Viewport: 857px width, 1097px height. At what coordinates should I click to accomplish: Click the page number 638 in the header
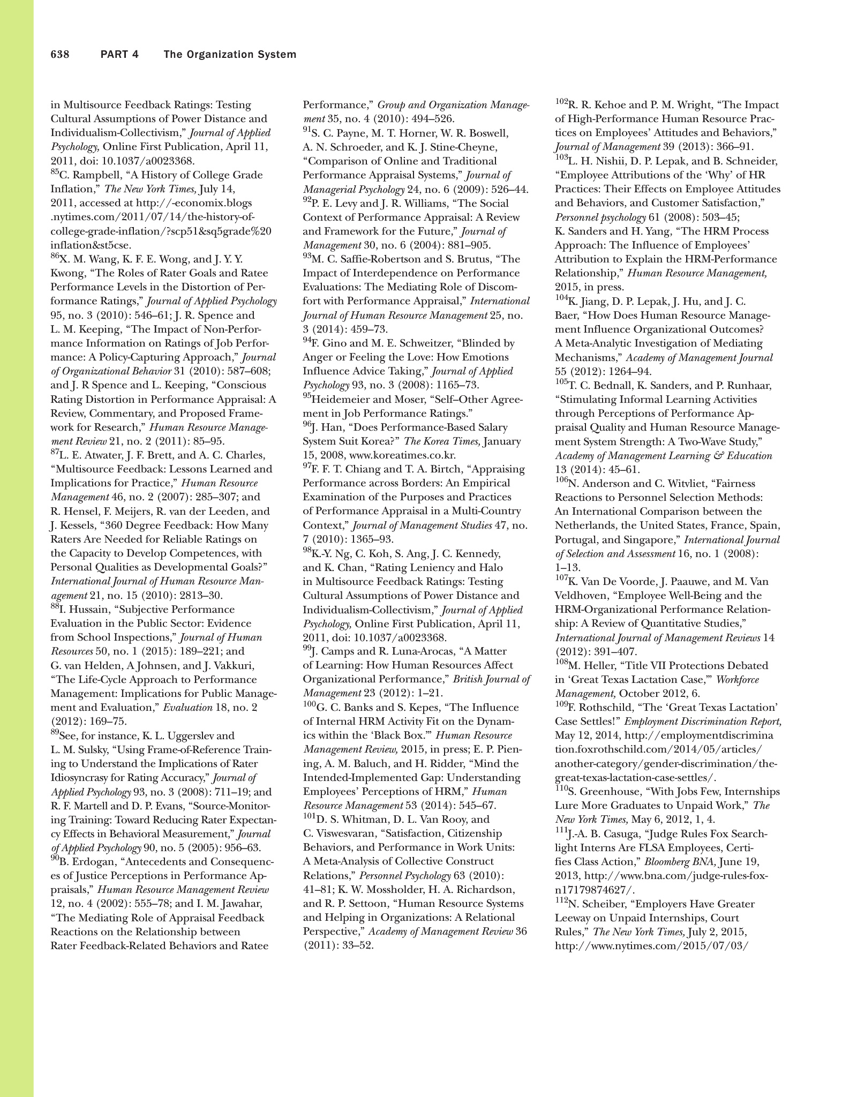tap(60, 55)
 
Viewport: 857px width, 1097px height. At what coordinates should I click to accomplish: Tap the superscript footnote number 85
tap(55, 172)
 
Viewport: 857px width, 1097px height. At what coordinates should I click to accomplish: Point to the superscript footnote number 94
tap(307, 340)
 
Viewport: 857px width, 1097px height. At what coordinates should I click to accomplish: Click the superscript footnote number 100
tap(310, 704)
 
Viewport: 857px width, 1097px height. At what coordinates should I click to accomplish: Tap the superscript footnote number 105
tap(561, 382)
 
